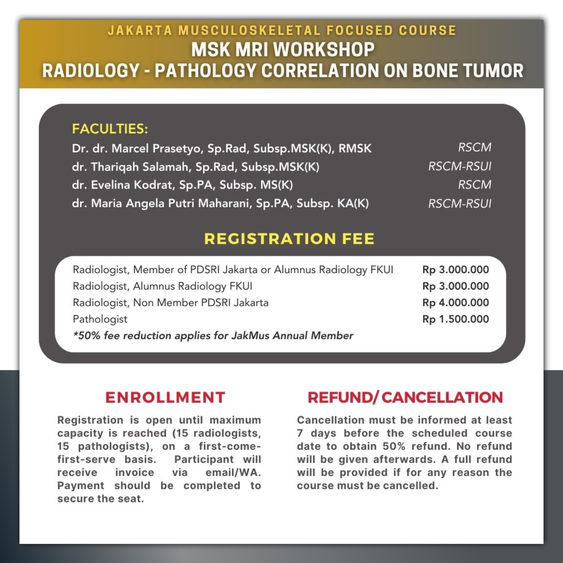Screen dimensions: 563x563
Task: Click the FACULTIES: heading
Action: tap(110, 129)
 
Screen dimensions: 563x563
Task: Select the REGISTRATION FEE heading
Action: tap(289, 239)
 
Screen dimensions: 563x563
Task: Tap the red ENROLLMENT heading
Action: tap(165, 397)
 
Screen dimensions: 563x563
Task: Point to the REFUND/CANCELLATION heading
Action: tap(405, 397)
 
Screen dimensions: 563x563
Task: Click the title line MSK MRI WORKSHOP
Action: tap(283, 49)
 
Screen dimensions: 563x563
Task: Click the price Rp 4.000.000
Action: tap(455, 303)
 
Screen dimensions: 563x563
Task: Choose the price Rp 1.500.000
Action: tap(455, 319)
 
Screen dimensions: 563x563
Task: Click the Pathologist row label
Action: tap(100, 319)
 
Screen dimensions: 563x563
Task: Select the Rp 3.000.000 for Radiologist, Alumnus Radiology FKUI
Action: tap(455, 286)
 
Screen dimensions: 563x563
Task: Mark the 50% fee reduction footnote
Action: tap(213, 336)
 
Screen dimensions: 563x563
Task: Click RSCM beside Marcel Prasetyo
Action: tap(474, 147)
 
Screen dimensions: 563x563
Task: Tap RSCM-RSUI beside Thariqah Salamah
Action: tap(460, 166)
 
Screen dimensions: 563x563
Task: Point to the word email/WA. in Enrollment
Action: tap(233, 473)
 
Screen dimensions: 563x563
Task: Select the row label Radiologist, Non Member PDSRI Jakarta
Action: tap(170, 303)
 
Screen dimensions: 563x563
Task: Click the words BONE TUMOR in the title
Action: tap(468, 70)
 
